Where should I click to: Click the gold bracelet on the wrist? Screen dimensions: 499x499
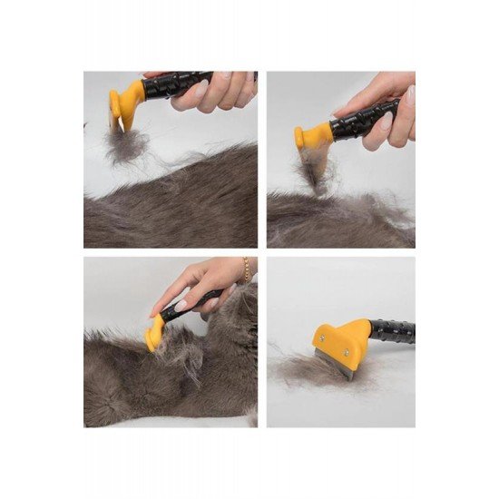tap(246, 269)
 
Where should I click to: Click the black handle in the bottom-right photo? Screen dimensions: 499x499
tap(394, 332)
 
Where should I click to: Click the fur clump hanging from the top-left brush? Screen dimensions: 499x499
tap(122, 145)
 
